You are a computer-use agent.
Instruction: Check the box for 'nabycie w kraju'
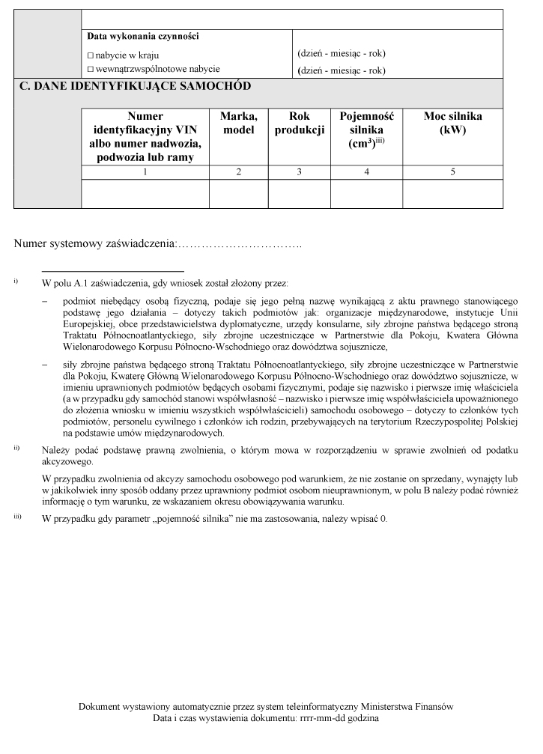91,55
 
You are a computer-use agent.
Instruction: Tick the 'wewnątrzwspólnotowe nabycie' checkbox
91,69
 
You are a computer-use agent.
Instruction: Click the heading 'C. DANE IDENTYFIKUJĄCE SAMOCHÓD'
135,86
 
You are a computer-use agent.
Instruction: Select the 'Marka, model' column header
238,123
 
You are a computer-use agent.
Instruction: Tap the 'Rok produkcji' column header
299,123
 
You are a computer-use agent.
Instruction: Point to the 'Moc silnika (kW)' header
452,123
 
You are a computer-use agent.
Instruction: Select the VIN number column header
145,136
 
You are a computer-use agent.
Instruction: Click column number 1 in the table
145,172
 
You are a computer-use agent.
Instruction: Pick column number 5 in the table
452,172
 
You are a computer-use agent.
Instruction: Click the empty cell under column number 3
299,194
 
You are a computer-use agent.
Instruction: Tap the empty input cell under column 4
366,194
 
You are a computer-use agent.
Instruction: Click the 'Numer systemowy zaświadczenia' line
158,243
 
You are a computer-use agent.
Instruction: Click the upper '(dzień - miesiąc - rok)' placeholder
342,54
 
